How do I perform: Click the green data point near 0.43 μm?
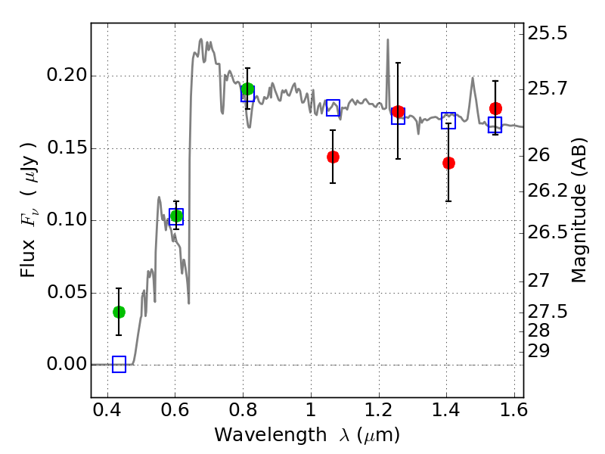click(119, 312)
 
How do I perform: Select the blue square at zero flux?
click(119, 364)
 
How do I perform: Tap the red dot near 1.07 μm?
click(333, 157)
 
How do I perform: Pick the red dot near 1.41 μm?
click(448, 163)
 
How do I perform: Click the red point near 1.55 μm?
click(495, 108)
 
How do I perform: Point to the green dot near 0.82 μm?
click(247, 89)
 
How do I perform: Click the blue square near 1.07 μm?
click(333, 107)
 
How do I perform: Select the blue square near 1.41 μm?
click(448, 121)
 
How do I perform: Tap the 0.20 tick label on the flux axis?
click(67, 74)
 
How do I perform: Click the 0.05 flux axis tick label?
click(67, 291)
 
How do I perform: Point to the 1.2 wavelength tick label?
click(379, 410)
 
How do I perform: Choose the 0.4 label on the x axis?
click(107, 410)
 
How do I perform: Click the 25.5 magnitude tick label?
click(548, 33)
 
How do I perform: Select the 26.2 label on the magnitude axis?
click(548, 191)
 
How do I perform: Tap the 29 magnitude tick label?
click(538, 351)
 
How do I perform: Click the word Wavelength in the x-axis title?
click(271, 435)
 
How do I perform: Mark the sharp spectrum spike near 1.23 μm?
click(388, 40)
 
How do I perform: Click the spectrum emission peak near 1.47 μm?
click(472, 79)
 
